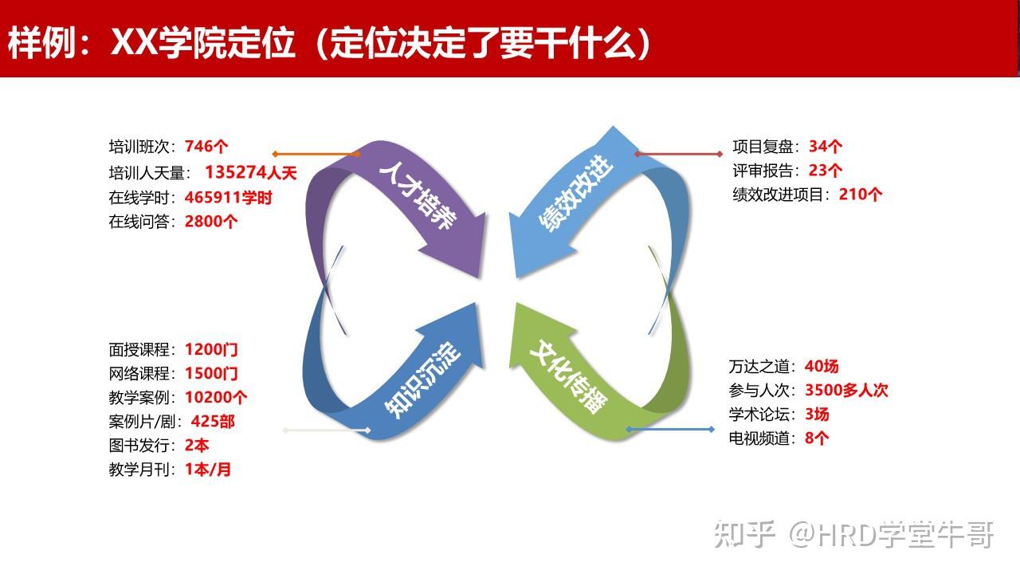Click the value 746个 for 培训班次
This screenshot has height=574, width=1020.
click(206, 147)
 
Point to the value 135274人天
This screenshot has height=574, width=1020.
click(250, 172)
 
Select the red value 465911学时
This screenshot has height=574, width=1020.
click(228, 197)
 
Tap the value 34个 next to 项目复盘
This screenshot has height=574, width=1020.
click(826, 147)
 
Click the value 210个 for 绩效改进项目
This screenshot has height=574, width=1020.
click(861, 195)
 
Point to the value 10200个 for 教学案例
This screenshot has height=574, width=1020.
click(216, 397)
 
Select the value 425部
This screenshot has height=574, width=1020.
click(213, 421)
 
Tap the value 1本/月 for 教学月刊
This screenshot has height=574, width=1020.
click(208, 470)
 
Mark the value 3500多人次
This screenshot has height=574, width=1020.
click(846, 390)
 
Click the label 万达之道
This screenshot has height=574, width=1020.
click(762, 367)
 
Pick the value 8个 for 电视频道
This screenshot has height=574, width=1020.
click(817, 438)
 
